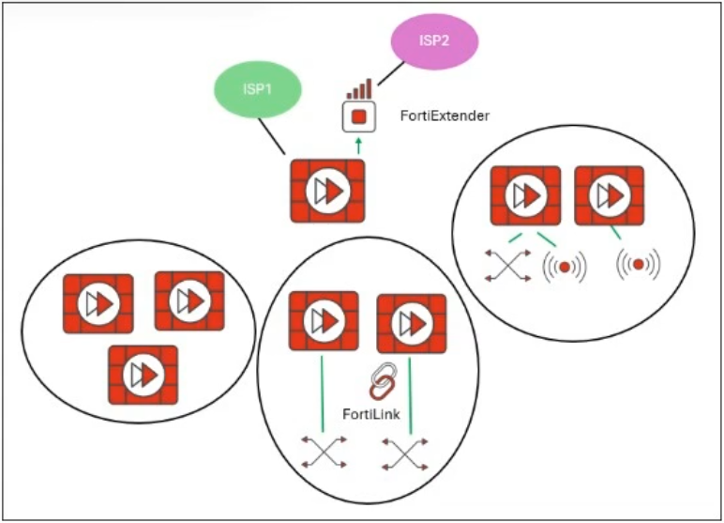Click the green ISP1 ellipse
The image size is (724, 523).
(x=256, y=90)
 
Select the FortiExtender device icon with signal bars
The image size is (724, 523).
(x=358, y=114)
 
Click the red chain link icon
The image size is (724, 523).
(x=381, y=381)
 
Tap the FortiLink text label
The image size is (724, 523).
(x=375, y=414)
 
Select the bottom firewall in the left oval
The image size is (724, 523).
(x=143, y=374)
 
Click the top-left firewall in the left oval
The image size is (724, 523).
(x=98, y=303)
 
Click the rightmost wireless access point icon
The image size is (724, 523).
(x=639, y=266)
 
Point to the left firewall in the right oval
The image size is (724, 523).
(x=526, y=196)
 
